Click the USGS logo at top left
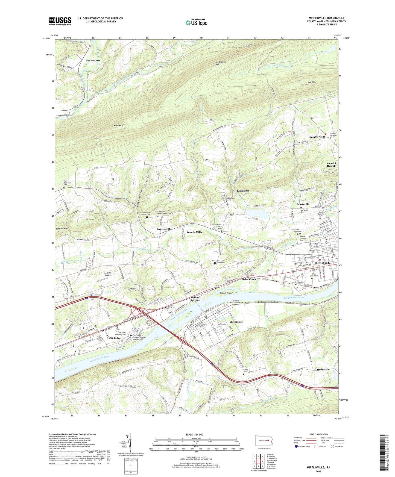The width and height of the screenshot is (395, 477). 60,21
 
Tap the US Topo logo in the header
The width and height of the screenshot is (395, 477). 196,22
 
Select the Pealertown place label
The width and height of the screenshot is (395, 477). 93,60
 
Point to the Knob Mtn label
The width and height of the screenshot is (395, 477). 118,126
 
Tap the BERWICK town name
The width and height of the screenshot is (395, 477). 323,263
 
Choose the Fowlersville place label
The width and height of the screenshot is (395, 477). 164,229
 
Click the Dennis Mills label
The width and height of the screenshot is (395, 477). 194,232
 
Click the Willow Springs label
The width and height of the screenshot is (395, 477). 195,299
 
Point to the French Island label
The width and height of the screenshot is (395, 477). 226,293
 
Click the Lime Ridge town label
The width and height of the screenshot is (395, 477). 114,338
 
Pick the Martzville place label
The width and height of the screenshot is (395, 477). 303,204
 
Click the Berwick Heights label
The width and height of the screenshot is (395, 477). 331,164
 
